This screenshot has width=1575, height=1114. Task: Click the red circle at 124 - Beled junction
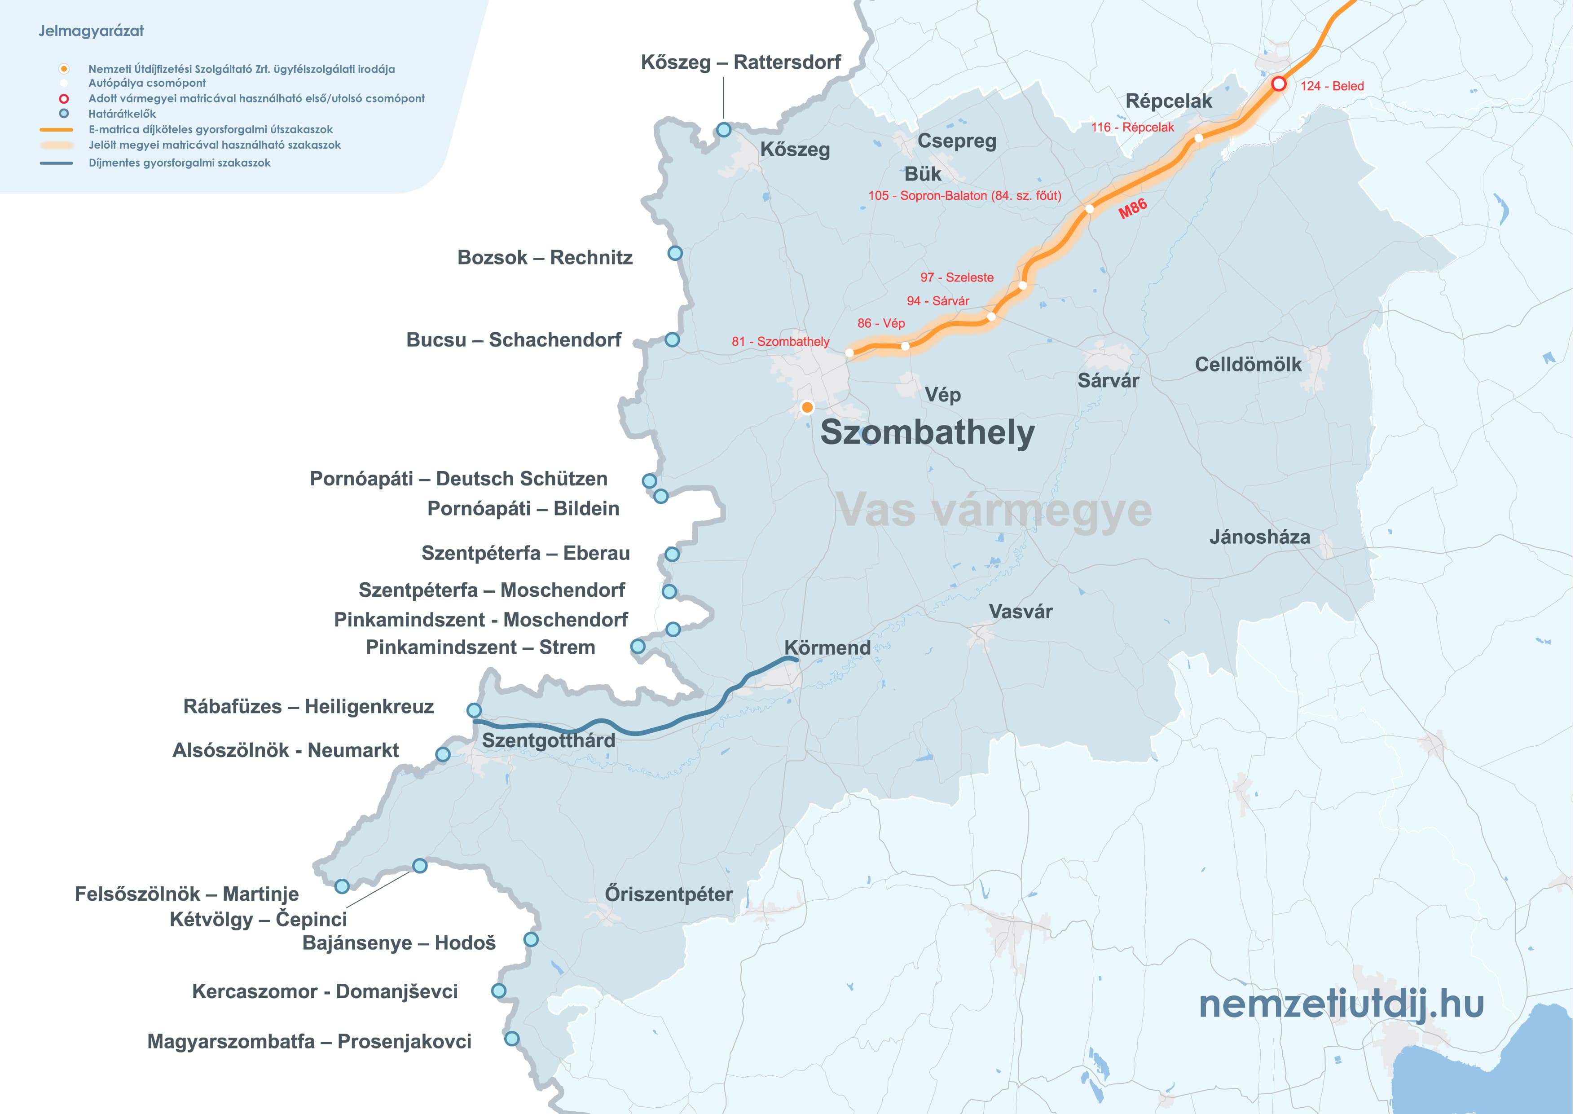point(1279,84)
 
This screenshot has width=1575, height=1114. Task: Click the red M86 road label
point(1133,208)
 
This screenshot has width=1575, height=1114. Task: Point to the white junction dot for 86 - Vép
point(906,346)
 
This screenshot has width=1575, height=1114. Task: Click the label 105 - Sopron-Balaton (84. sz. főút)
point(964,195)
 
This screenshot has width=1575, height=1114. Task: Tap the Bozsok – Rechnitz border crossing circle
point(675,253)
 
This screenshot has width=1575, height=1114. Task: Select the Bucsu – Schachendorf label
point(514,339)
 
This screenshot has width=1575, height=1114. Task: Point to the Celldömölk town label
point(1248,364)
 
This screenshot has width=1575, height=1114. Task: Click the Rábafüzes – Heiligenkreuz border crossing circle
point(474,710)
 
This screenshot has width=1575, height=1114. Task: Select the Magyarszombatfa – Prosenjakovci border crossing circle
point(512,1039)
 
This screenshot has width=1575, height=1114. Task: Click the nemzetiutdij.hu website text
point(1341,1004)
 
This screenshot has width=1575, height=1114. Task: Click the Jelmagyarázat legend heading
point(91,31)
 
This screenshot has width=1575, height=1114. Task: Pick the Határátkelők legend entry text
point(122,114)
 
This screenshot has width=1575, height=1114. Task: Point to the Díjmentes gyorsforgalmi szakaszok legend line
point(56,163)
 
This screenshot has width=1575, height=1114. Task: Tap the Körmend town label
point(827,647)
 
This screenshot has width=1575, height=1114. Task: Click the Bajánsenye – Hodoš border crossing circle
point(531,939)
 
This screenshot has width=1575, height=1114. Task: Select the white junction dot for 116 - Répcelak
point(1198,139)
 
